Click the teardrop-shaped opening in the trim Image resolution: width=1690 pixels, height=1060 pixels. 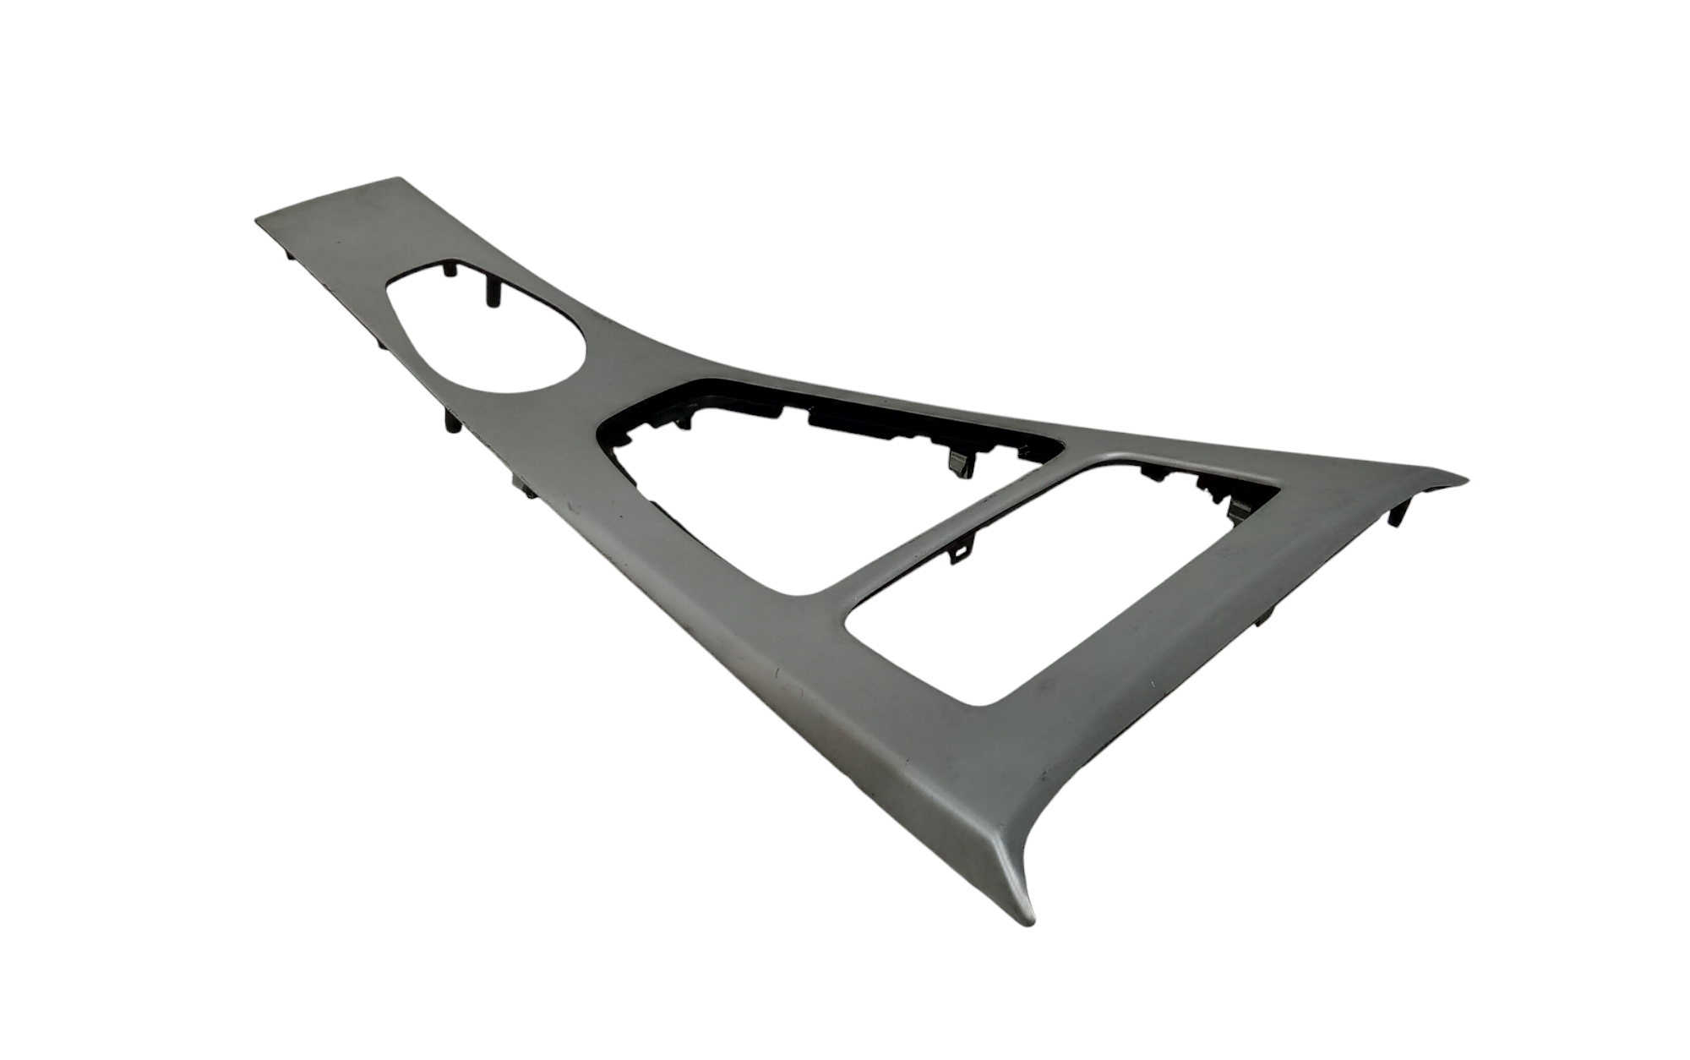point(486,330)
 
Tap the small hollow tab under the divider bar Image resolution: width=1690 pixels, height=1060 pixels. point(958,555)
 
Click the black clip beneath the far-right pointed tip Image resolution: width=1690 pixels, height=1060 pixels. point(1397,512)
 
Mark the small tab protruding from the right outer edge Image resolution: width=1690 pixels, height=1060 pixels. point(1264,618)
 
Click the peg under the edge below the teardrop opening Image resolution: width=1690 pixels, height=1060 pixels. point(453,423)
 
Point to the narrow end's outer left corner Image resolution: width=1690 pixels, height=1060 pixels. point(257,221)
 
